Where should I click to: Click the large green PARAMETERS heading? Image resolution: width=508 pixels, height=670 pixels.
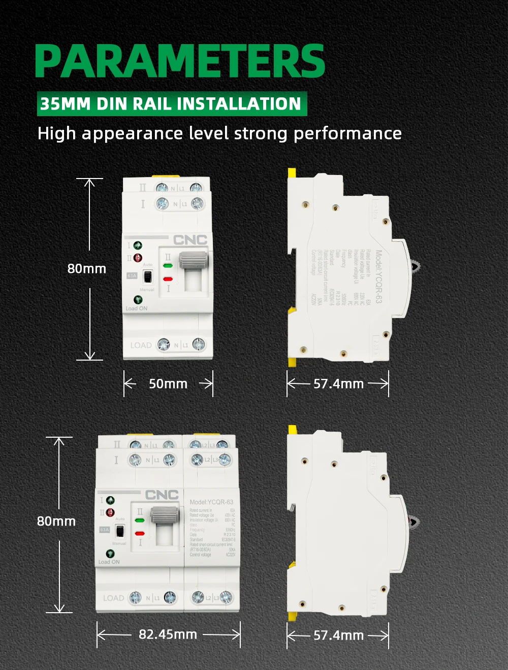(180, 61)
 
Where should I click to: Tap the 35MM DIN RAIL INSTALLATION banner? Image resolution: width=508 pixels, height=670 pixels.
(171, 104)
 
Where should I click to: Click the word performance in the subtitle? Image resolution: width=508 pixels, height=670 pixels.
(347, 133)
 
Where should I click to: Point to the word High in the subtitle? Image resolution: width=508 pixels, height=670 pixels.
(56, 133)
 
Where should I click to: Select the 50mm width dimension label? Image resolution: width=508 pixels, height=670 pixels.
(168, 384)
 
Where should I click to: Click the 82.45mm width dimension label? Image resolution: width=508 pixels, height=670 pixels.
(168, 634)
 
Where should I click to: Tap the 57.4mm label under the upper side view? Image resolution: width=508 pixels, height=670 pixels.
(338, 384)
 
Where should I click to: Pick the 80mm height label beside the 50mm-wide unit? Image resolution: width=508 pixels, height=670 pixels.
(87, 269)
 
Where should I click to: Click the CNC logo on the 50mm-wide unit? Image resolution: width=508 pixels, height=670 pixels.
(190, 240)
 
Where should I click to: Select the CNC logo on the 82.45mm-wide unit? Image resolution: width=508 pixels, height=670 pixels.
(162, 495)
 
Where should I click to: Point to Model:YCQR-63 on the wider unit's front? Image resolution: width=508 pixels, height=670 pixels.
(211, 502)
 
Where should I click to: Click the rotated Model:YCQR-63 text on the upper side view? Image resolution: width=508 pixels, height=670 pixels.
(378, 277)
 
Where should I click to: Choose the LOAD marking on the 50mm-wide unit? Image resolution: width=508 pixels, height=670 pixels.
(141, 345)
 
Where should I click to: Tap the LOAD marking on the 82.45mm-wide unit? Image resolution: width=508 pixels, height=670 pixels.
(113, 598)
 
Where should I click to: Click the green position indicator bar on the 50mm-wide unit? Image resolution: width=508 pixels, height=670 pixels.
(168, 265)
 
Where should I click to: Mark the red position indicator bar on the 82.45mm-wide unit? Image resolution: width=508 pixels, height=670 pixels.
(140, 534)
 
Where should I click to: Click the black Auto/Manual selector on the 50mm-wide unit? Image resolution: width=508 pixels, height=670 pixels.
(148, 277)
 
